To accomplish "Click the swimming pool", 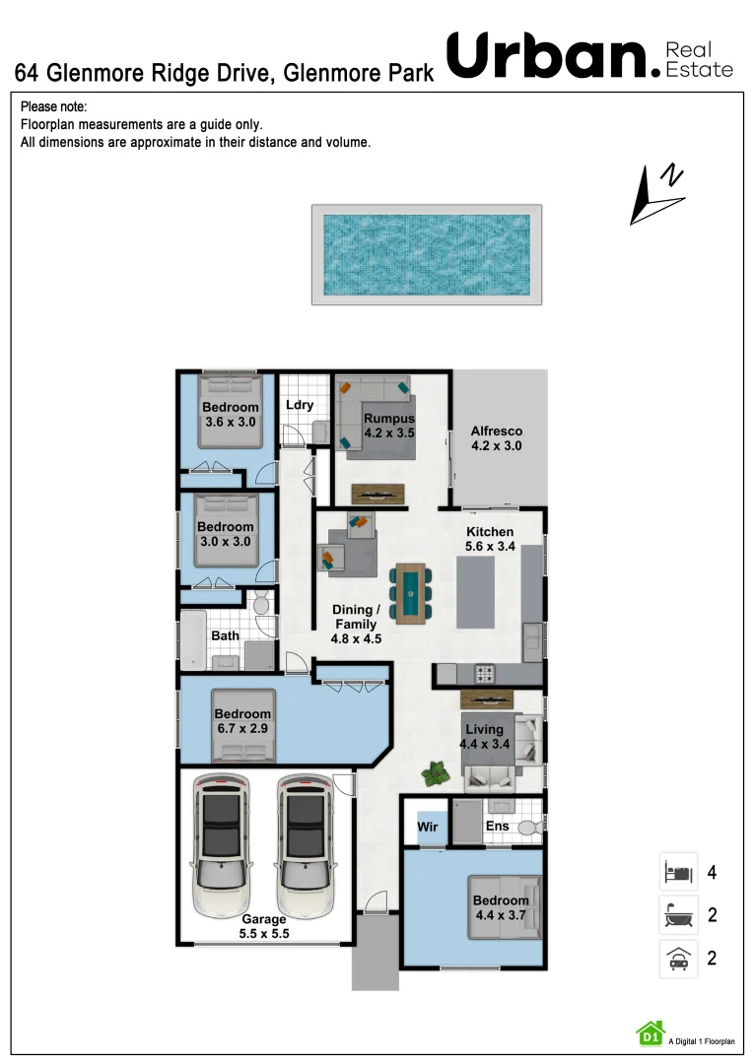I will click(x=426, y=254).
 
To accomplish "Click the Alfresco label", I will click(x=496, y=438).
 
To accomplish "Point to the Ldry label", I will click(x=299, y=405).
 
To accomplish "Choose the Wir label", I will click(x=427, y=827).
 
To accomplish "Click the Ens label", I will click(x=496, y=826).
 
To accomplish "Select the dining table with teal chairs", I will click(x=410, y=593).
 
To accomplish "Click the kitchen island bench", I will click(x=476, y=592).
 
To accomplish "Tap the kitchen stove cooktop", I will click(x=485, y=675).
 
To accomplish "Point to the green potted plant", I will click(x=435, y=773).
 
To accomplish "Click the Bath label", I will click(x=225, y=635).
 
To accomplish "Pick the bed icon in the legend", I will click(x=677, y=872).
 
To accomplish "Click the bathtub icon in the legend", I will click(x=677, y=915).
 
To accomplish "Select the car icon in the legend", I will click(x=677, y=959).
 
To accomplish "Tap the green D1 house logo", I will click(x=650, y=1032).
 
